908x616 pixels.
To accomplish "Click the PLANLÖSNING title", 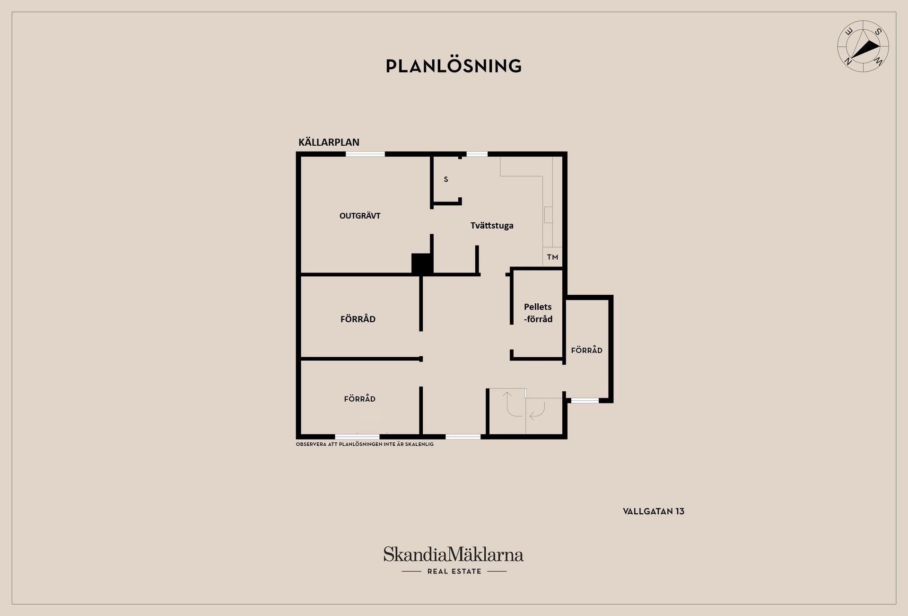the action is [x=454, y=66].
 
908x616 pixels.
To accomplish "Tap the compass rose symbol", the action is [x=863, y=46].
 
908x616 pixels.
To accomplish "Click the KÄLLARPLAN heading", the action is [x=329, y=142].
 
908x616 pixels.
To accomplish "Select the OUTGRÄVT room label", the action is [x=360, y=216].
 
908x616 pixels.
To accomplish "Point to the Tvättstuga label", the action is [x=492, y=226].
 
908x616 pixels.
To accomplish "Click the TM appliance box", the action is [x=552, y=257].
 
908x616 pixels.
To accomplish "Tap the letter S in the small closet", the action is [x=445, y=179].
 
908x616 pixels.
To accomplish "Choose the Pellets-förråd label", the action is [x=538, y=313].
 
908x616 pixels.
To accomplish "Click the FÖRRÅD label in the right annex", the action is [x=586, y=350].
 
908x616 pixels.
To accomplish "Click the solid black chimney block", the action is [x=422, y=264].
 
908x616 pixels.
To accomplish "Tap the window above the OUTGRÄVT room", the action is [x=365, y=154].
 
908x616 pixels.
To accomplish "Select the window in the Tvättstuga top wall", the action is [x=477, y=154].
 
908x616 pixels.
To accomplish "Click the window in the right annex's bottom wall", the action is [x=585, y=401].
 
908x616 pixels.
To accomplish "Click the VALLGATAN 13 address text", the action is [x=654, y=511].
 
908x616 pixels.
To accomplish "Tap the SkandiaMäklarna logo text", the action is [x=454, y=554].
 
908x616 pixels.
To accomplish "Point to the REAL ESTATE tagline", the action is [x=454, y=572].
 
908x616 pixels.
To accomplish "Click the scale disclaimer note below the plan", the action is [x=365, y=444].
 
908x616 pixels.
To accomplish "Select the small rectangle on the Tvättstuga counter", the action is [x=548, y=215].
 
